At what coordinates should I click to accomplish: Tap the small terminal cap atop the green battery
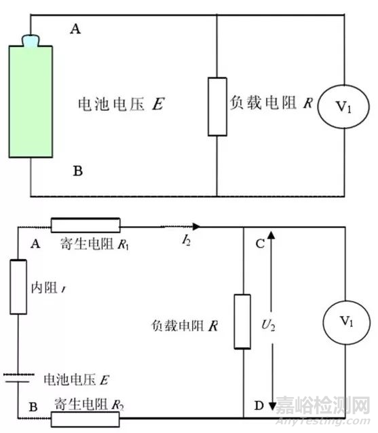point(32,41)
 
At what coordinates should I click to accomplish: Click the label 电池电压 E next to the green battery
point(122,105)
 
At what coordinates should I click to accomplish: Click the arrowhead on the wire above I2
point(197,226)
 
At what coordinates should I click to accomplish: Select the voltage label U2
point(288,325)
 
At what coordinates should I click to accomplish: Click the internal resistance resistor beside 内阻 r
point(18,286)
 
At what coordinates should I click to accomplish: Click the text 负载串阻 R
point(184,326)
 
